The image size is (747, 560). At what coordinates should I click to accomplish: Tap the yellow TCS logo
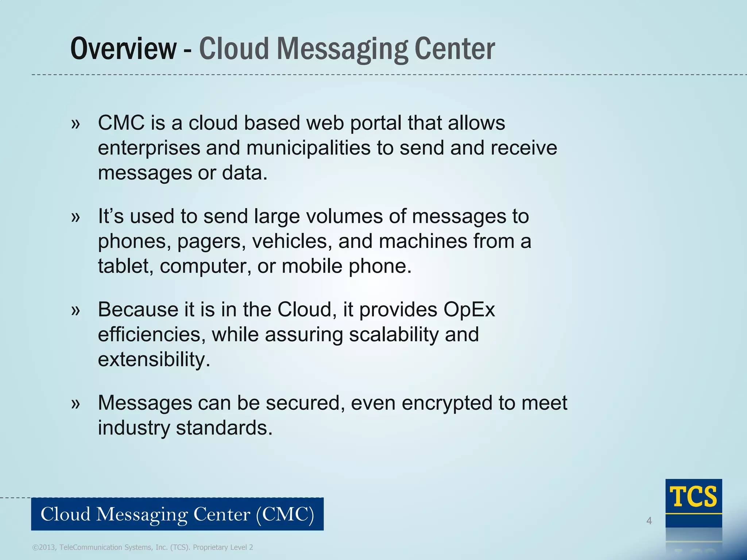coord(693,497)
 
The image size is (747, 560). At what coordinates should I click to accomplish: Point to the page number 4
coord(649,521)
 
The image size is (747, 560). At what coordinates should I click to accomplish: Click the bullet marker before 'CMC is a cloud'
coord(76,124)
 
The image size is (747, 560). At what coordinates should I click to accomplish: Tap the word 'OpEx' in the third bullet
coord(469,310)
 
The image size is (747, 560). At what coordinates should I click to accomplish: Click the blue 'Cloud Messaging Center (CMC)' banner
coord(177,514)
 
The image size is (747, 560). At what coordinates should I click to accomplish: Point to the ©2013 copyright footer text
coord(143,547)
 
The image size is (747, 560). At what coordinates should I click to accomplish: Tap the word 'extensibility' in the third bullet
coord(154,359)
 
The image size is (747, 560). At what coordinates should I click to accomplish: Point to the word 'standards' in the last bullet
coord(224,428)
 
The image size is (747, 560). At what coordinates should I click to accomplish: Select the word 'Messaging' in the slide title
coord(342,49)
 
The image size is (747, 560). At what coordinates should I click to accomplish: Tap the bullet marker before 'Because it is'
coord(76,311)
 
